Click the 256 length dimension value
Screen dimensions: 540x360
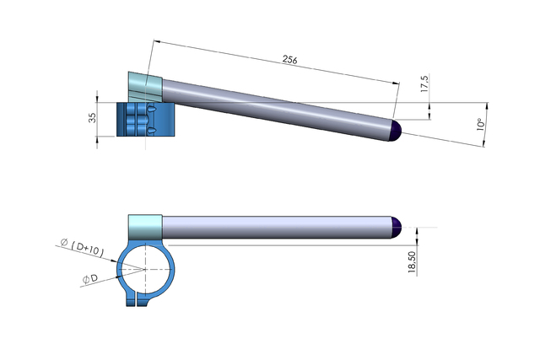tap(289, 60)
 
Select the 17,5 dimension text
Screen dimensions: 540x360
tap(424, 83)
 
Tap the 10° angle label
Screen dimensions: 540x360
tap(481, 124)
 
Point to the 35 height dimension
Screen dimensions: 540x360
tap(92, 118)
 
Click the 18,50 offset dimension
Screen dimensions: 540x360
tap(412, 262)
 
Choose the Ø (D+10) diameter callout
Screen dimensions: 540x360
tap(82, 248)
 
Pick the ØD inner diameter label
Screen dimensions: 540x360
tap(90, 279)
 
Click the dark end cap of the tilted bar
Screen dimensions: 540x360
tap(396, 130)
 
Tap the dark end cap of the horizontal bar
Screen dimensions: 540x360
tap(396, 227)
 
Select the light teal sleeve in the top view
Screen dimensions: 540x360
tap(145, 87)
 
